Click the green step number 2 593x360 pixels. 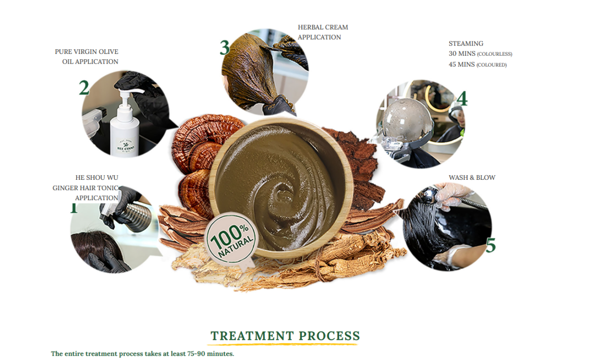[x=84, y=88]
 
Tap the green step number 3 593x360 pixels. [x=225, y=48]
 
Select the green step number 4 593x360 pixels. [x=462, y=99]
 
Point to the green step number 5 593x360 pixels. [x=490, y=245]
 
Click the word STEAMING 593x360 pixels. [x=466, y=43]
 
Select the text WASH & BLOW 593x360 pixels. [x=472, y=178]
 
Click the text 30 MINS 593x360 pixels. [x=462, y=54]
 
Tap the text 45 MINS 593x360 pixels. [x=462, y=65]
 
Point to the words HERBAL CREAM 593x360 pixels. [x=323, y=27]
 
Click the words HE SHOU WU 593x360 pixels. [x=97, y=178]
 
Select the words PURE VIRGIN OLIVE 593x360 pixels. [x=86, y=52]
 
